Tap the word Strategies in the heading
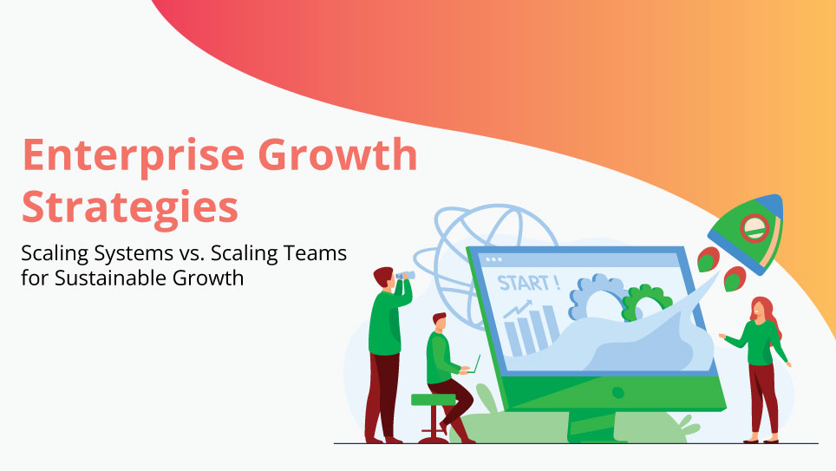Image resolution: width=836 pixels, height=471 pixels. click(x=130, y=208)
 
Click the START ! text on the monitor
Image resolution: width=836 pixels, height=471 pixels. click(x=528, y=283)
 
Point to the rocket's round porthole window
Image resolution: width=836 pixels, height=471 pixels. click(x=753, y=228)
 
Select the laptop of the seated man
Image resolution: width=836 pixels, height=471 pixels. click(x=474, y=363)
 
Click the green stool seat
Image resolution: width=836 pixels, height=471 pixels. click(x=433, y=399)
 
